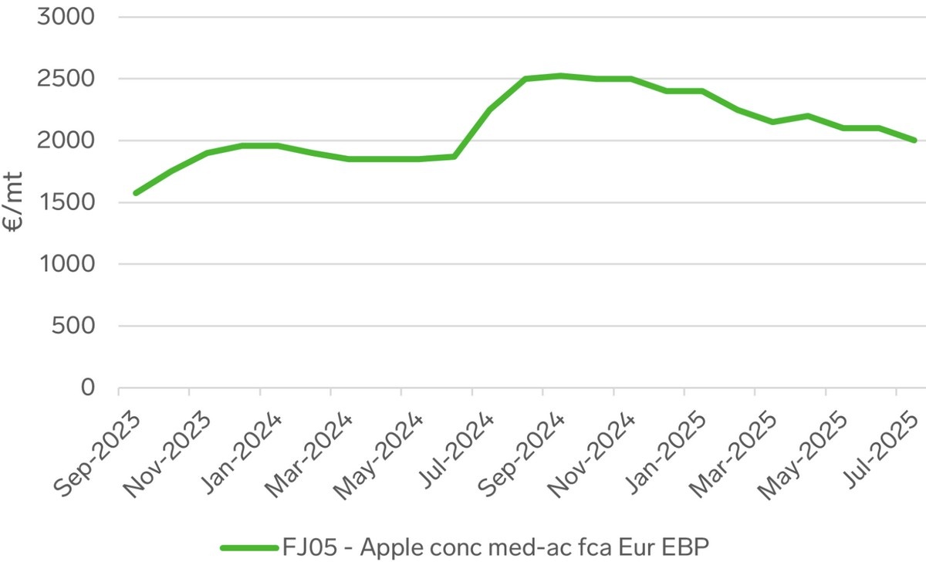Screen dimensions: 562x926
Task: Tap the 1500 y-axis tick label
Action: click(66, 202)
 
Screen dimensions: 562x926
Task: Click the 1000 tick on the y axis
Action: click(66, 264)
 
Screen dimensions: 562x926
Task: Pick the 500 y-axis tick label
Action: click(74, 326)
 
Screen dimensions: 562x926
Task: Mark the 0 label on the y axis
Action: click(87, 388)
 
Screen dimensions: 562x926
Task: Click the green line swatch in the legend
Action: click(248, 547)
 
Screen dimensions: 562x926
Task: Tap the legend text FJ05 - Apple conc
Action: click(495, 547)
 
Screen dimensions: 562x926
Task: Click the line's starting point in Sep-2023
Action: click(136, 193)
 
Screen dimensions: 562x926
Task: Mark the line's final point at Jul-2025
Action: click(914, 140)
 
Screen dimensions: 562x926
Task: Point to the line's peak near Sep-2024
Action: click(561, 76)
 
